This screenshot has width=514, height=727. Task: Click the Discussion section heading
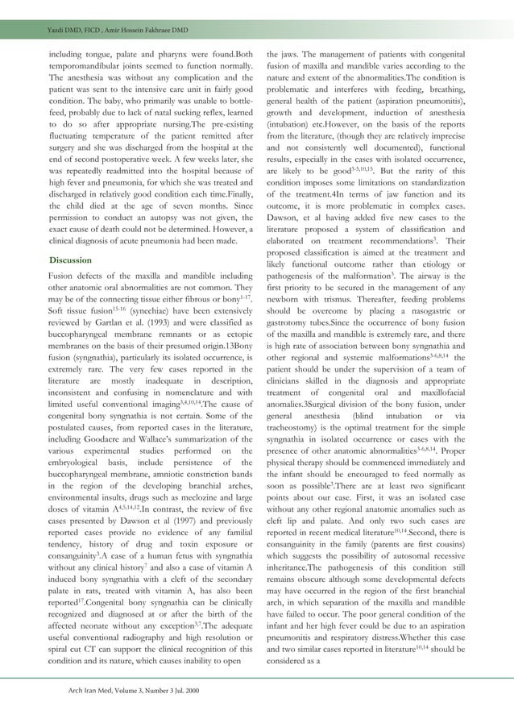[x=69, y=260]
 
